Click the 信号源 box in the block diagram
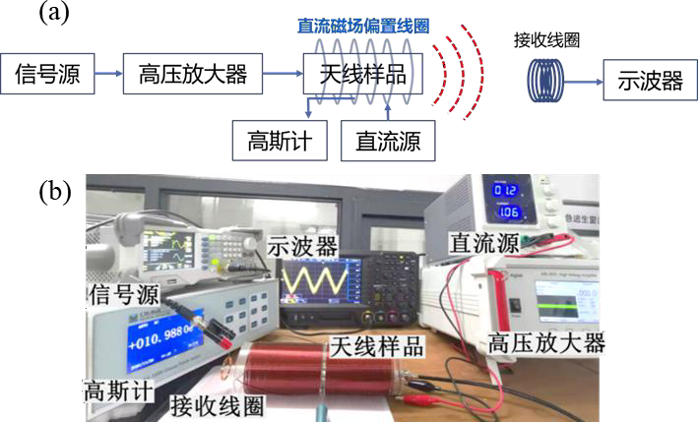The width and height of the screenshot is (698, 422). [x=54, y=75]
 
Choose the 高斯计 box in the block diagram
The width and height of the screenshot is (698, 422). [x=279, y=142]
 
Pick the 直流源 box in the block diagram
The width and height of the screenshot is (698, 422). [x=387, y=142]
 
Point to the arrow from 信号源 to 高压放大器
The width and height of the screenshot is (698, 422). [x=110, y=75]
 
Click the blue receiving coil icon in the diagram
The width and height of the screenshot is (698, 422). [x=545, y=80]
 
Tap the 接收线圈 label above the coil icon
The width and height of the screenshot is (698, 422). [x=544, y=41]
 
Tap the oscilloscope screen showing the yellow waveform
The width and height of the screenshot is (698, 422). [x=314, y=284]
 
